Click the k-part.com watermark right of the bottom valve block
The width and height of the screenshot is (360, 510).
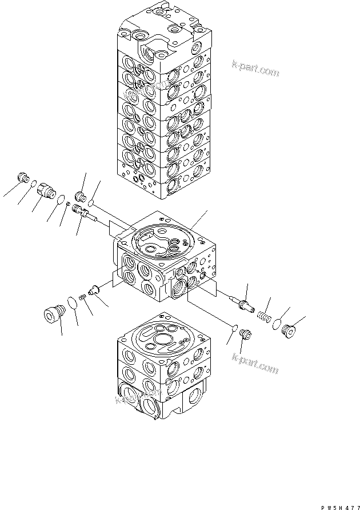[255, 364]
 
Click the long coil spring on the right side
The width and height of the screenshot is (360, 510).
[264, 315]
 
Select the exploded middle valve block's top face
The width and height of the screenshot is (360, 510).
[166, 237]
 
